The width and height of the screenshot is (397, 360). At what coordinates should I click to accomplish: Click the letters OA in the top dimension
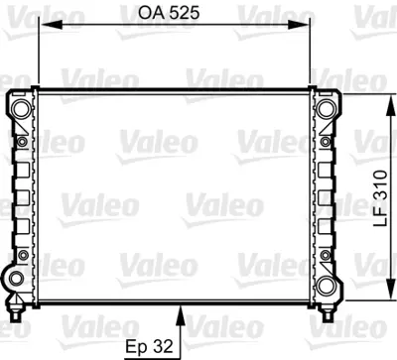pos(149,14)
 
